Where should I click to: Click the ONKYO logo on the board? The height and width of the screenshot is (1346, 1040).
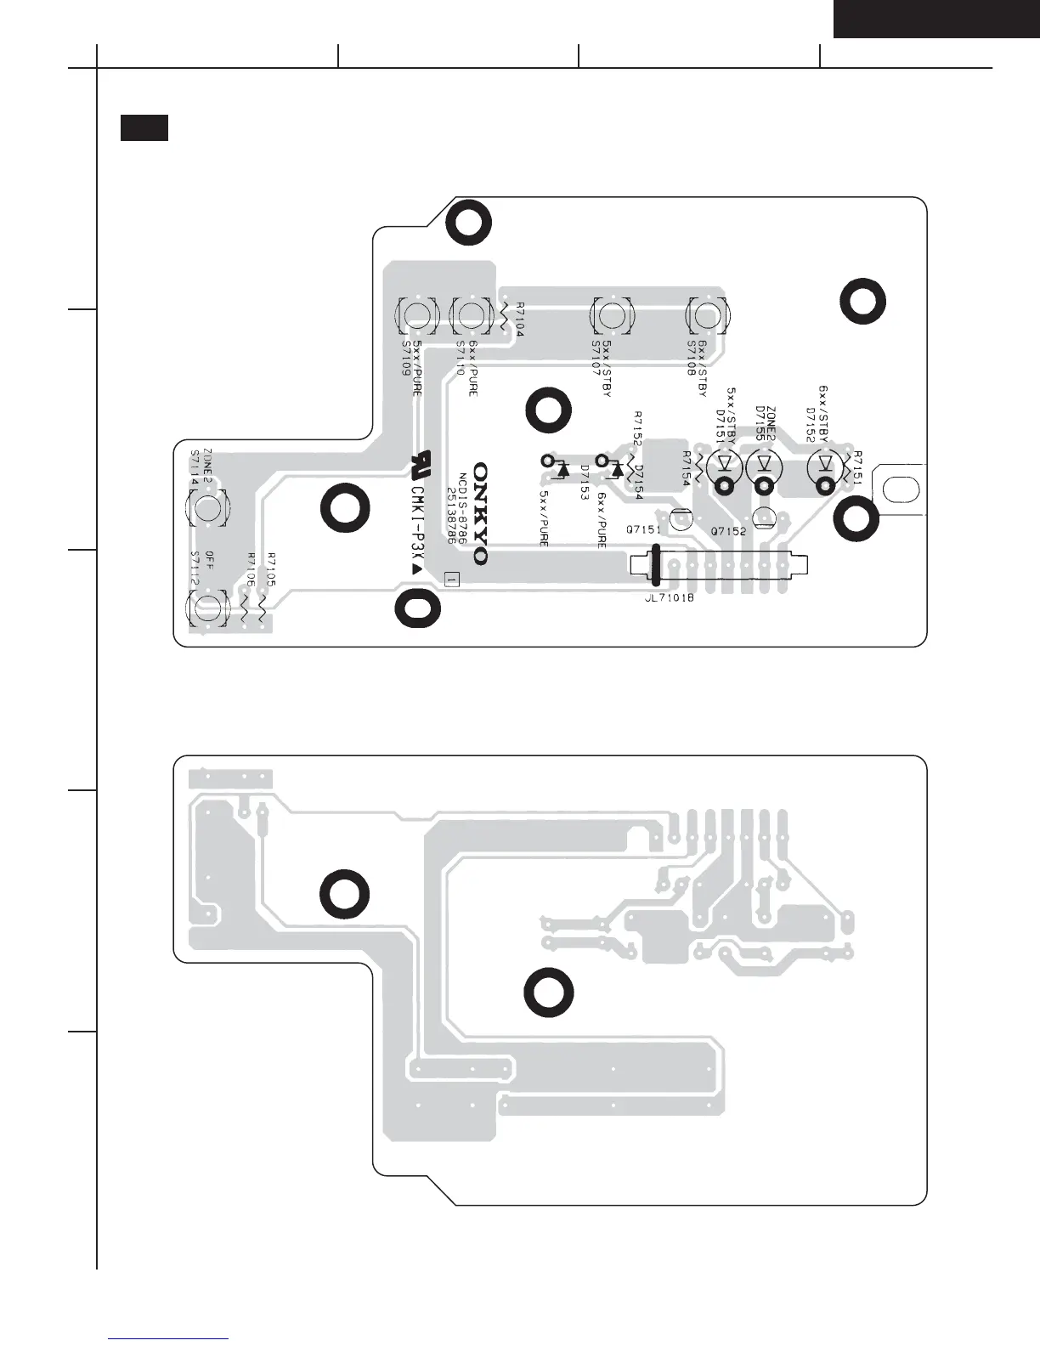click(x=481, y=513)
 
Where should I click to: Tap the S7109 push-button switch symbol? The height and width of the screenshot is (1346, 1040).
click(x=416, y=316)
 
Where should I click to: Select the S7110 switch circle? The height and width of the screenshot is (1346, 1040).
click(x=470, y=316)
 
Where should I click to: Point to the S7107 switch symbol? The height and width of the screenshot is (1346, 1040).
click(x=610, y=316)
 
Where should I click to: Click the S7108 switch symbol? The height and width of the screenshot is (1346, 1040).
click(x=706, y=316)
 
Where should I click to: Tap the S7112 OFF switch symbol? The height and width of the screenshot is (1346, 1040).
click(x=207, y=608)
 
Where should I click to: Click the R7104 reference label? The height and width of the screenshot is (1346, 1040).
click(x=519, y=320)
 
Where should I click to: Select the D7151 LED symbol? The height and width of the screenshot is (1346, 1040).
click(x=724, y=464)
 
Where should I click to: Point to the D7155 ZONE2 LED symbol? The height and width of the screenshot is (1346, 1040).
click(x=764, y=464)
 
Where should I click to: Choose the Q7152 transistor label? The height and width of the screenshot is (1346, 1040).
click(x=728, y=531)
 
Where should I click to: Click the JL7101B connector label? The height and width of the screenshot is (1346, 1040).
click(x=670, y=597)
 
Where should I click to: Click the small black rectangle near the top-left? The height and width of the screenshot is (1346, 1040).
click(x=144, y=127)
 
